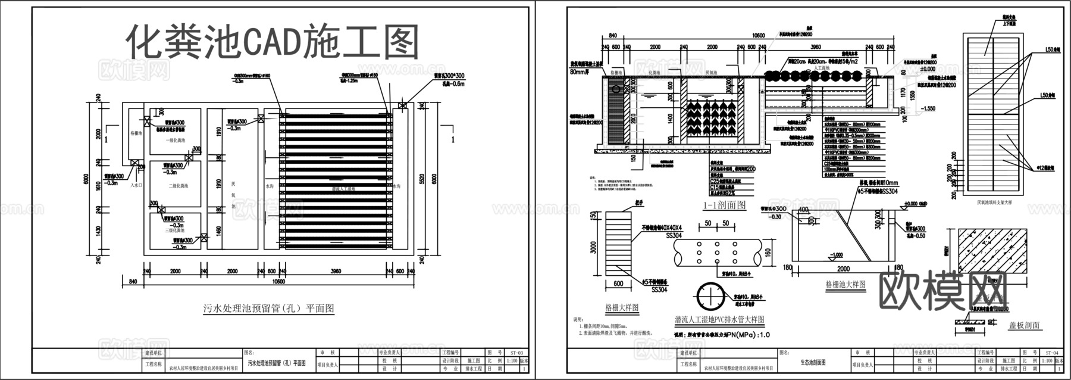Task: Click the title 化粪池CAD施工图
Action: [273, 42]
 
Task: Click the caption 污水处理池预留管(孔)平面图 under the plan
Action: [268, 309]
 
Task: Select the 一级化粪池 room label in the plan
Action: [175, 141]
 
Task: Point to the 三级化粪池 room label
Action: [176, 231]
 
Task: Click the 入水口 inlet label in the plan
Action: [137, 185]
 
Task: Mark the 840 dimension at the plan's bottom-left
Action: [132, 282]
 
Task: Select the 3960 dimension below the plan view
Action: [336, 272]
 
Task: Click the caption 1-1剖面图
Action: [724, 205]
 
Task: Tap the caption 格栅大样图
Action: [622, 308]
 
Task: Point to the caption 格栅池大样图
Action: [845, 285]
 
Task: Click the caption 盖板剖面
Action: [1024, 325]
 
